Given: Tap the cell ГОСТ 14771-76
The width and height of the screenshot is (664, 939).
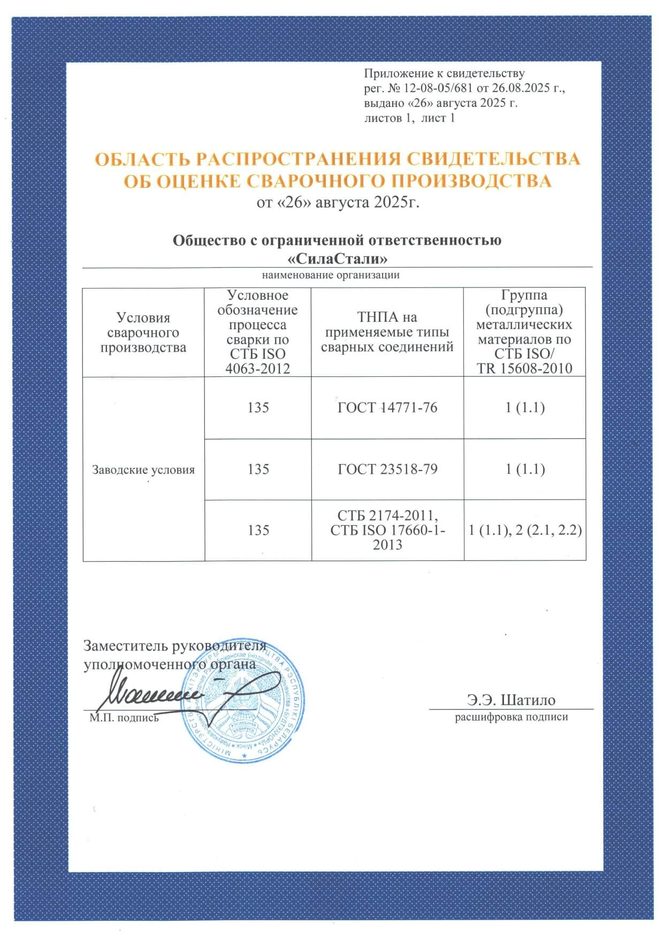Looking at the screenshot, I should (x=387, y=408).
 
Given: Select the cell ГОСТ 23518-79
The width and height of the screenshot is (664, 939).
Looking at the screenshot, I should (x=387, y=470).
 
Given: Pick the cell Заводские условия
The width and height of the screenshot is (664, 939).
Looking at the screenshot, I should (x=143, y=470).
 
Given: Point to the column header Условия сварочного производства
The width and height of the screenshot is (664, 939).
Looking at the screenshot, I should (x=143, y=332).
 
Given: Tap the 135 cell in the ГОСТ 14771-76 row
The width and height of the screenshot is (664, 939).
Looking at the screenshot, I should (x=258, y=408).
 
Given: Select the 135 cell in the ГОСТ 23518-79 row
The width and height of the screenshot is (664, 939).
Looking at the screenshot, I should (x=258, y=470).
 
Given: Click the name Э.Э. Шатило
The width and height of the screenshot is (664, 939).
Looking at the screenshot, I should (x=511, y=700).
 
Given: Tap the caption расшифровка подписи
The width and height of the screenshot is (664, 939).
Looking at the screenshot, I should (x=511, y=717).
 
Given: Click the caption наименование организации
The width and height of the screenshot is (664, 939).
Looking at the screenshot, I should (x=330, y=276).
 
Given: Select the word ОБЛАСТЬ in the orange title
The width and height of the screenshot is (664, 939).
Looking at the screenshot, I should (x=140, y=160).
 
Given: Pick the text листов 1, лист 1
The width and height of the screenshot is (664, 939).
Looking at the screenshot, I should (x=409, y=118).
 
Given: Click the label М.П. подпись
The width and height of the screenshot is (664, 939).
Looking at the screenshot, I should (x=124, y=718).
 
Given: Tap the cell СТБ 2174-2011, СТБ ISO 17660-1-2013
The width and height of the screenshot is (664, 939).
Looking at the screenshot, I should (x=387, y=530).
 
